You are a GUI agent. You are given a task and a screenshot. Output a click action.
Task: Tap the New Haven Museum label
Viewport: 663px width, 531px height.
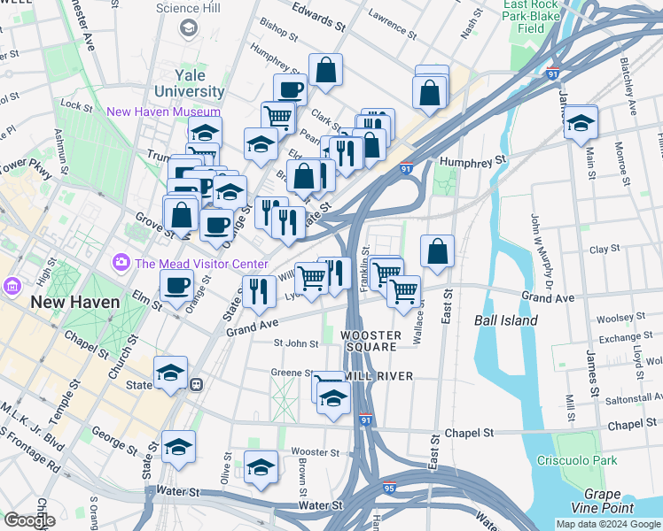click(163, 112)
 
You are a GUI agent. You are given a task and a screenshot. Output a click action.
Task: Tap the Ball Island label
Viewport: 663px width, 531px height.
click(506, 320)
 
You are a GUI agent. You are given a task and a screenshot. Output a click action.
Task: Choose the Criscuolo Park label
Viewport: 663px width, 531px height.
click(576, 460)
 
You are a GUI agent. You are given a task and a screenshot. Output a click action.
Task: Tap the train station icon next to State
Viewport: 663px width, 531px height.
click(198, 385)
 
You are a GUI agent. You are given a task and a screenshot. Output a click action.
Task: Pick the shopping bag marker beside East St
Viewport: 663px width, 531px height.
click(438, 250)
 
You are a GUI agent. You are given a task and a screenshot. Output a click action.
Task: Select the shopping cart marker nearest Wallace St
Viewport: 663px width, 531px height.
click(404, 290)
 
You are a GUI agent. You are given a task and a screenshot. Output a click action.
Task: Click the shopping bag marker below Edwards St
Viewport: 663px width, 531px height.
click(326, 71)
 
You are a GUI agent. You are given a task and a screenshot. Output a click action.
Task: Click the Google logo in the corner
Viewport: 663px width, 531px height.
click(29, 520)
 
